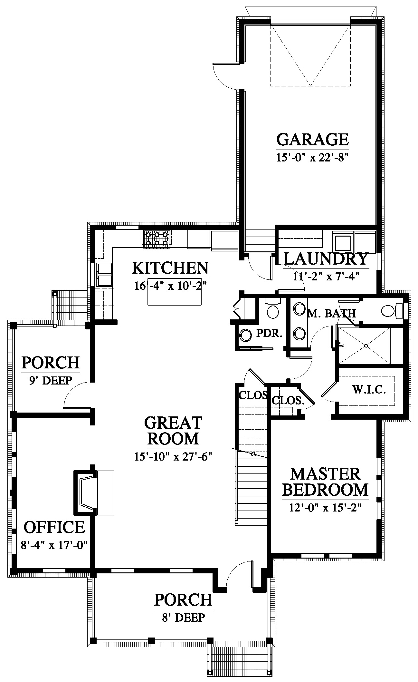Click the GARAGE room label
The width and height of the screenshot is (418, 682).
[x=312, y=139]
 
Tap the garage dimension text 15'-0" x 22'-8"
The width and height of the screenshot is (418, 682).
[x=313, y=158]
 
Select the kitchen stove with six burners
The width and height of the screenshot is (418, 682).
[x=157, y=239]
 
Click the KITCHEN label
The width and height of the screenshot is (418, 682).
[x=170, y=268]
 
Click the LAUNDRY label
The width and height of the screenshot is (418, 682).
[x=326, y=258]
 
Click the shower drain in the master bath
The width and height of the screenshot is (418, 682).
[x=366, y=346]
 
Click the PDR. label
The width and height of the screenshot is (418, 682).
[x=269, y=333]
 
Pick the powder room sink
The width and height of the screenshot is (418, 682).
[x=246, y=335]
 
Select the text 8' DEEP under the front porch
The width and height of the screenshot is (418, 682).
[x=183, y=617]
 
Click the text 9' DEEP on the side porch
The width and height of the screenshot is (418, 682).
[x=51, y=380]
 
